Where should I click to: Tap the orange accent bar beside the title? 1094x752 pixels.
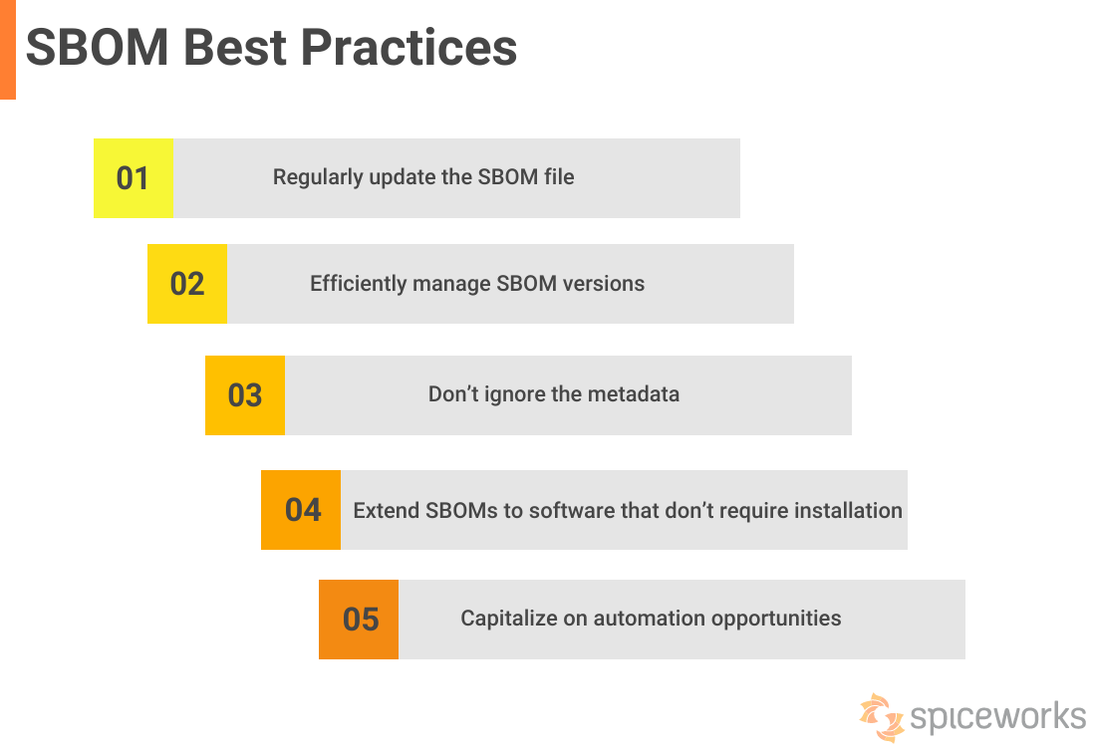tap(7, 50)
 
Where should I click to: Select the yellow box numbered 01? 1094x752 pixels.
tap(133, 178)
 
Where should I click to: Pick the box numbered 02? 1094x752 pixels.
tap(186, 284)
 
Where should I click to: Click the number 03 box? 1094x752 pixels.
tap(244, 395)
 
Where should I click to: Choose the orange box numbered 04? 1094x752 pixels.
tap(301, 510)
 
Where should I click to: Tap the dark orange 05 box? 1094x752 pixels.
tap(359, 620)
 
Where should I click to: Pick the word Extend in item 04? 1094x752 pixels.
tap(386, 511)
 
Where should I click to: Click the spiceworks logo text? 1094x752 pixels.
tap(997, 718)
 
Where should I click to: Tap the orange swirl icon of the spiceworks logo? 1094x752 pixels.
tap(882, 717)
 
